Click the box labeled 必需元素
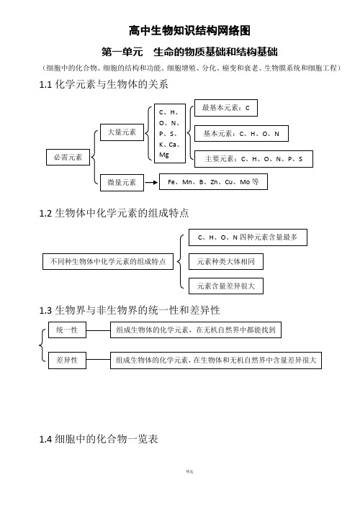tap(68, 157)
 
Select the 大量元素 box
tap(122, 132)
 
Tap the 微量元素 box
tap(122, 182)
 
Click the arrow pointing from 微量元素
tap(151, 182)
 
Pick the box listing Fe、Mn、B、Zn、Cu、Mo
tap(213, 182)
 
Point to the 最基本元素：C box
tap(226, 108)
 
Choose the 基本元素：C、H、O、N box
tap(241, 134)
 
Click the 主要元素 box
tap(253, 159)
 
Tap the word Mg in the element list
tap(163, 155)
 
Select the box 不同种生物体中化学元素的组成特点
tap(108, 261)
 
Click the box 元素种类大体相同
tap(226, 261)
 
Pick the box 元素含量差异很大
tap(226, 286)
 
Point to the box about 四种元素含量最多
tap(248, 237)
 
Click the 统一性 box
tap(67, 330)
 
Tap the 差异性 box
tap(67, 360)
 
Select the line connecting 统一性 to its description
tap(98, 330)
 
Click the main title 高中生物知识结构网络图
tap(189, 31)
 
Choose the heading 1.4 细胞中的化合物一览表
tap(98, 439)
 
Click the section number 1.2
tap(45, 214)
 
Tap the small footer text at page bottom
tap(189, 472)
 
